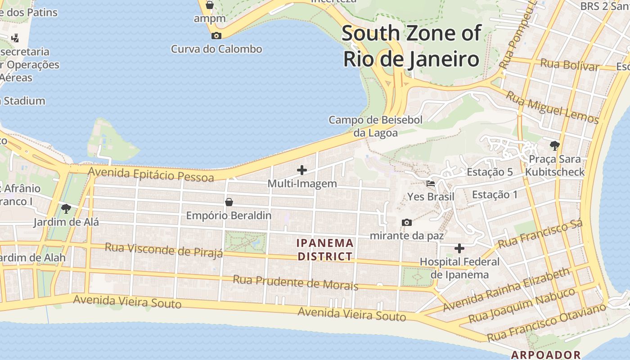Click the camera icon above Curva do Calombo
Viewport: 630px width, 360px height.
[x=216, y=36]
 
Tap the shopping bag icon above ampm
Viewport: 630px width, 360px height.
[x=209, y=5]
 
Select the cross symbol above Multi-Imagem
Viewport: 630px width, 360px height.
[x=302, y=170]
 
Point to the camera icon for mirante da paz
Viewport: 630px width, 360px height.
[x=406, y=222]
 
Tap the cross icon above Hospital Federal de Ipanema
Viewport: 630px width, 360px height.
[x=459, y=248]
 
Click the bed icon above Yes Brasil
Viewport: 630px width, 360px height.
[x=431, y=184]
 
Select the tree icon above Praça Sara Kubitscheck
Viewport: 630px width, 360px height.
[x=554, y=145]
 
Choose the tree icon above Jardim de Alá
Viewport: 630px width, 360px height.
[x=66, y=208]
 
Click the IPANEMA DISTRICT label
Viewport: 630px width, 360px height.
[x=325, y=250]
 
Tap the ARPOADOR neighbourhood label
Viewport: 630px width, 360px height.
[x=545, y=355]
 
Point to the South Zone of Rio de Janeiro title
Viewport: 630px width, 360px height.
[x=411, y=46]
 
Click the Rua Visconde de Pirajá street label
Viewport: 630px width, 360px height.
[x=164, y=250]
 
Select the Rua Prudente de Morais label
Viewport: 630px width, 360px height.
[x=295, y=283]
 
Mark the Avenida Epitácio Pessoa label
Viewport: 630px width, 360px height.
[x=151, y=174]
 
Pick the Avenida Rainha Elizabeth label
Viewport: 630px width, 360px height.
[x=506, y=290]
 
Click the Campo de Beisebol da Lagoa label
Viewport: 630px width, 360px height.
[x=375, y=126]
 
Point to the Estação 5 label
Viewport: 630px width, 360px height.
[x=490, y=172]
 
